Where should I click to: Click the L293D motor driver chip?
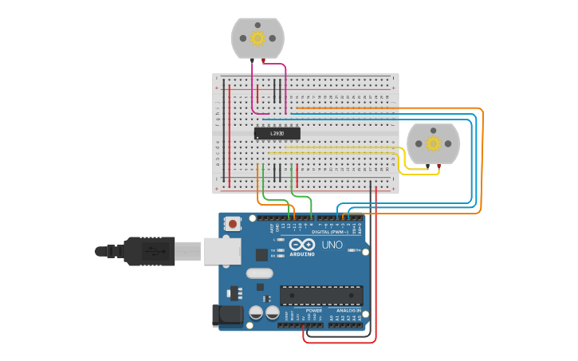[277, 134]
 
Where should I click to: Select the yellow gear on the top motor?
[258, 37]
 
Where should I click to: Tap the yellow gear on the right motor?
[433, 143]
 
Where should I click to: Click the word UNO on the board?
[332, 245]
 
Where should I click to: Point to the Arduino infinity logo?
[302, 245]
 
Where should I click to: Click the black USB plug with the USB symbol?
[148, 251]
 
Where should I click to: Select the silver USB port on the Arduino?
[221, 251]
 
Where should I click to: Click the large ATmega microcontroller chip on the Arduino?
[320, 295]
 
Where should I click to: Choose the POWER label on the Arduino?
[303, 311]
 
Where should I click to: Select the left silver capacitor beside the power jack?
[257, 313]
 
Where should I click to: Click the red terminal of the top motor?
[264, 61]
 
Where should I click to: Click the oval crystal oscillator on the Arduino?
[259, 273]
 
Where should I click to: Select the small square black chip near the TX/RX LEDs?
[261, 255]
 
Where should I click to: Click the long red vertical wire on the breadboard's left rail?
[230, 135]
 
